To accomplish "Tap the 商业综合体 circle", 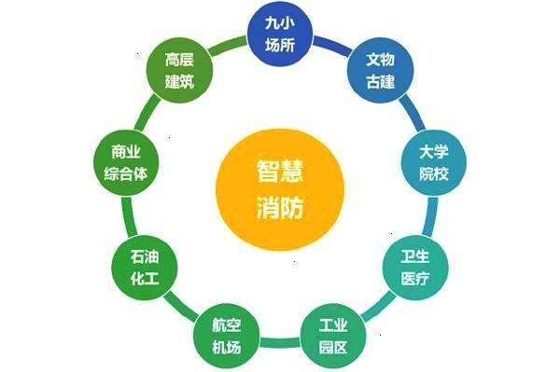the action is point(128,162).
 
